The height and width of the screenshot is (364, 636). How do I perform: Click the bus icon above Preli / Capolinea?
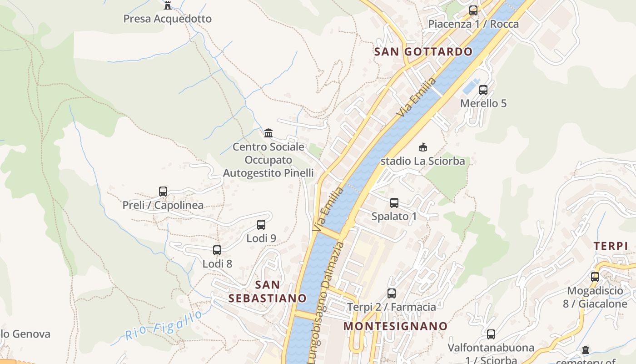tap(163, 192)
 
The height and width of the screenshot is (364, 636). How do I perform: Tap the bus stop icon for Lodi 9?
tap(261, 225)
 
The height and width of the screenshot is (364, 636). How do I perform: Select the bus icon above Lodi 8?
tap(217, 250)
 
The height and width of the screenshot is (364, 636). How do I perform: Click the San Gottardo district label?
tap(423, 52)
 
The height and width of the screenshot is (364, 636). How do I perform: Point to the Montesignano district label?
tap(395, 326)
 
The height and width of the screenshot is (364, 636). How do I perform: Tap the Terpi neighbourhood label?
tap(611, 246)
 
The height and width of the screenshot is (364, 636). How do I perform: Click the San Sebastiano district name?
tap(268, 292)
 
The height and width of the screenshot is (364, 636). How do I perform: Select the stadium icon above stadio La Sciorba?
tap(423, 147)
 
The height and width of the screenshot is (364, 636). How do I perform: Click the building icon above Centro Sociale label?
tap(268, 133)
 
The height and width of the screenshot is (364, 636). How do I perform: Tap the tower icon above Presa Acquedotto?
tap(168, 5)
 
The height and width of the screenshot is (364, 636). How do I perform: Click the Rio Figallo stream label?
tap(164, 326)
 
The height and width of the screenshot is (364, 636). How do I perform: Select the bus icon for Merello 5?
tap(483, 90)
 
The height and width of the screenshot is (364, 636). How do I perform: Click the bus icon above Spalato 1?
tap(394, 203)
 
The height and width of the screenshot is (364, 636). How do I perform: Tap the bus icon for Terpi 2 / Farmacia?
tap(392, 293)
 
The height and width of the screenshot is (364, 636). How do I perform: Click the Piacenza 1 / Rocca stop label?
tap(473, 24)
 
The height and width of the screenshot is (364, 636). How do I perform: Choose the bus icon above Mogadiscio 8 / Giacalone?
tap(595, 277)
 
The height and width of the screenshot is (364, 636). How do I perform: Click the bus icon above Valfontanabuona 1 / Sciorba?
tap(491, 334)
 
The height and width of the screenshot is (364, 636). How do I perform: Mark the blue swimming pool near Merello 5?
tap(471, 86)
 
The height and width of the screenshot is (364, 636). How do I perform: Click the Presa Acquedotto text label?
tap(168, 19)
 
